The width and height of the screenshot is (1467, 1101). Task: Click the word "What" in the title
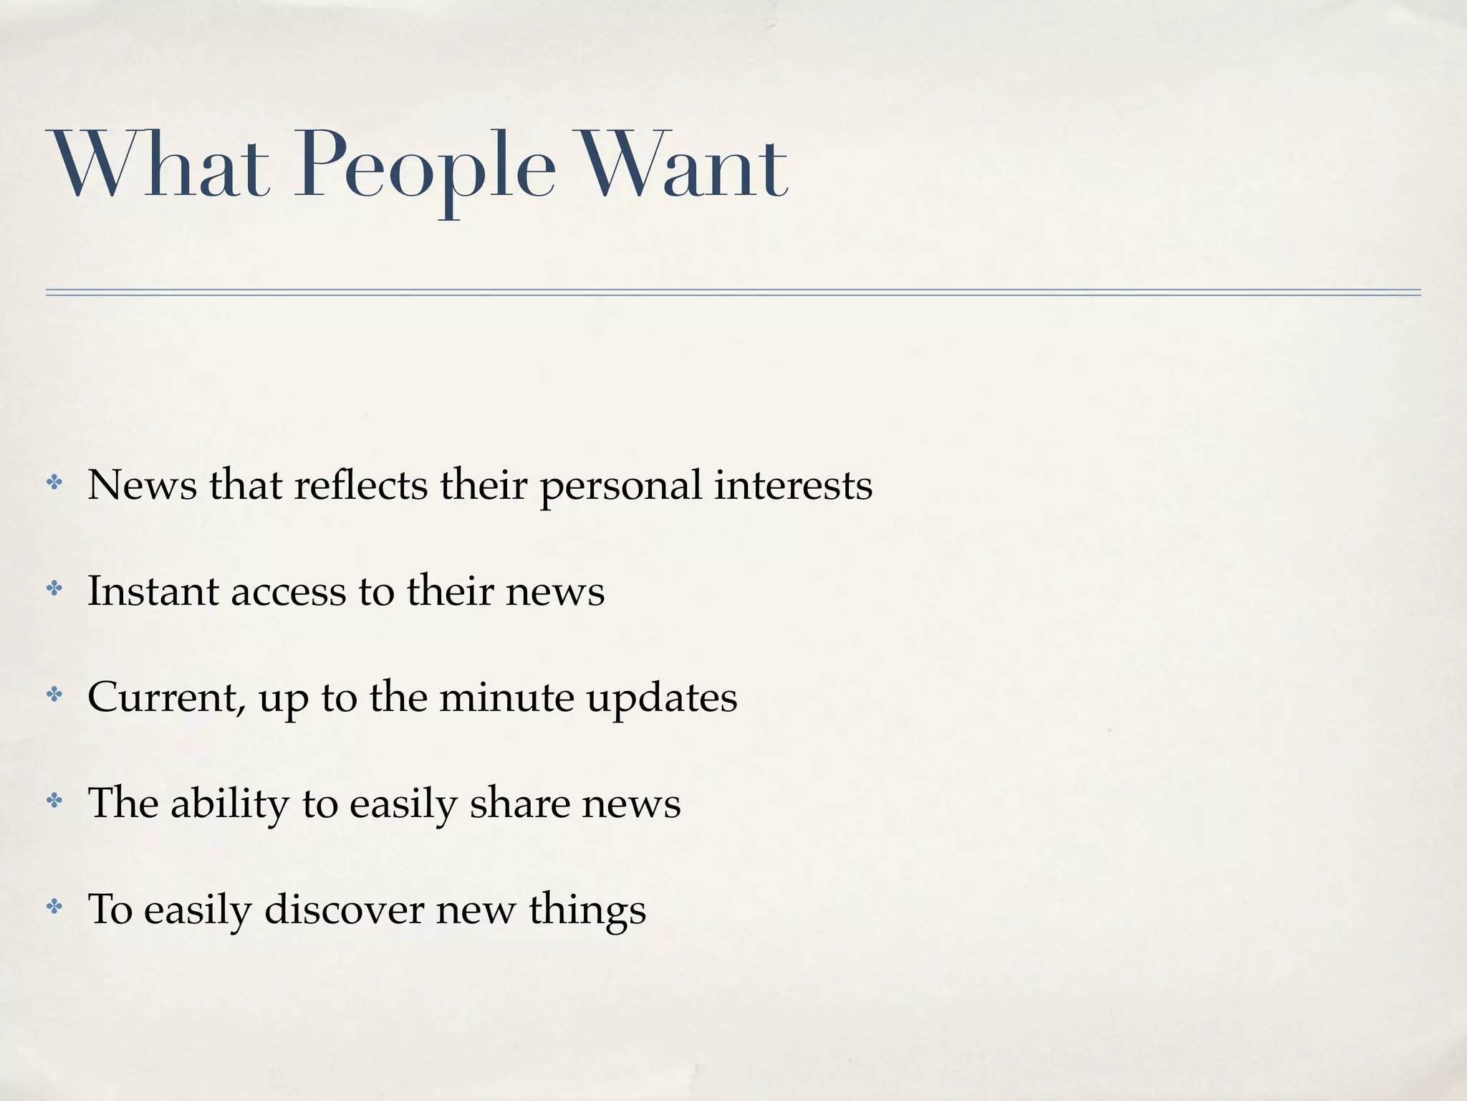158,166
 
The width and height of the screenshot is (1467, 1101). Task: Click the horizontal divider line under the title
733,292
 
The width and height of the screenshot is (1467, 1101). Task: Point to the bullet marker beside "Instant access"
54,588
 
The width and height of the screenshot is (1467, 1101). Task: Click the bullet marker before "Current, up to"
54,694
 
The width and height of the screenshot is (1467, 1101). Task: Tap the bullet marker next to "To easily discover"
54,907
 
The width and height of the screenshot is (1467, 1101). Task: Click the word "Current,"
167,697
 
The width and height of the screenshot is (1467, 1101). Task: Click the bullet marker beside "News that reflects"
54,482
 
